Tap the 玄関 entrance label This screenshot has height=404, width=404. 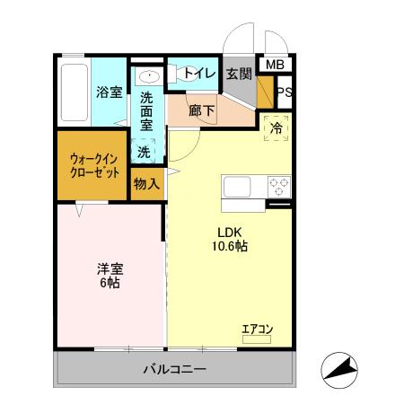238,75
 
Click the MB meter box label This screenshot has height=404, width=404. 275,65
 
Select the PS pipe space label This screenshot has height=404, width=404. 284,92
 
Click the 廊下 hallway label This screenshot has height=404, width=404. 201,111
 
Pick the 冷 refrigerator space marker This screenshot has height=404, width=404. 277,127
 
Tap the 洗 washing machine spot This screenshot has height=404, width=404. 144,152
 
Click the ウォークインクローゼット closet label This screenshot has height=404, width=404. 94,166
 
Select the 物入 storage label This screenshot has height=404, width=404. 146,184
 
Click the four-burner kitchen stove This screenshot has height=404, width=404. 278,187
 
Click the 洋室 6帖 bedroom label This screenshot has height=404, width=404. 109,275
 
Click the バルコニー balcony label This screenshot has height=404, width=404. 175,369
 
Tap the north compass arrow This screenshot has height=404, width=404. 340,368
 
